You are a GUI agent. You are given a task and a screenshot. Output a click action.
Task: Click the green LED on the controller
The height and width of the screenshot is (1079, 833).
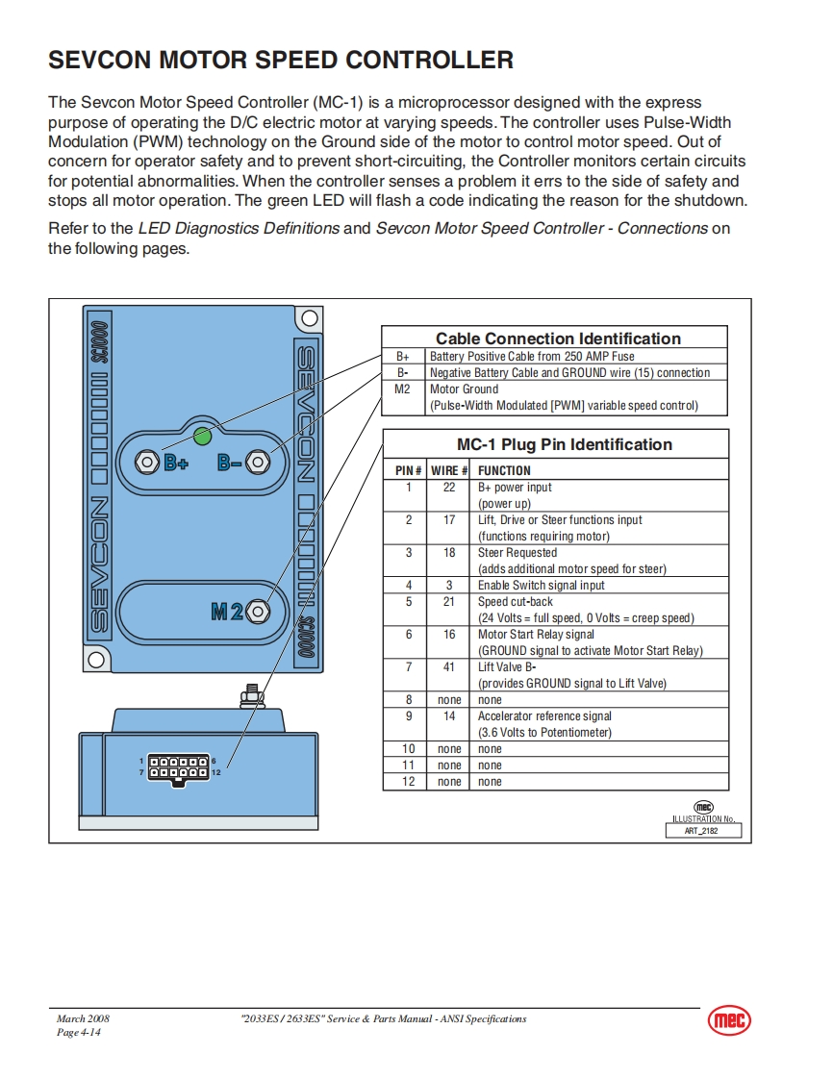202,438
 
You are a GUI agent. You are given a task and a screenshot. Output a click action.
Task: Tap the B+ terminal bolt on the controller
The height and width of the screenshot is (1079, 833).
147,462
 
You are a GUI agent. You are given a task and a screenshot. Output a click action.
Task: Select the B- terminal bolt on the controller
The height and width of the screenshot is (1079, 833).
257,462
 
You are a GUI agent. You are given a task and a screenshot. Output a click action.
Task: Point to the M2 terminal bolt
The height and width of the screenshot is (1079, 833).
259,610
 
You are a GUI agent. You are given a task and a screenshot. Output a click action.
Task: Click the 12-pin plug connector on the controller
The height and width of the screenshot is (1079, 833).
179,766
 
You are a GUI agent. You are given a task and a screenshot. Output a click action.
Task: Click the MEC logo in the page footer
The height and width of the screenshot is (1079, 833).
729,1021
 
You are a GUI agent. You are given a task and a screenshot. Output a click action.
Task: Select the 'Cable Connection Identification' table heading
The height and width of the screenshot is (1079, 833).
558,339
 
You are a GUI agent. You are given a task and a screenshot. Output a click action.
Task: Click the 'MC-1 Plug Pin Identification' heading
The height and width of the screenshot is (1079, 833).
564,444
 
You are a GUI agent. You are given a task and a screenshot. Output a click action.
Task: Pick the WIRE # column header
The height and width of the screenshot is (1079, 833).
449,471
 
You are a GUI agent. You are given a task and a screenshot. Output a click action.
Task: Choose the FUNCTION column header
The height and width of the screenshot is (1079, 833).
504,471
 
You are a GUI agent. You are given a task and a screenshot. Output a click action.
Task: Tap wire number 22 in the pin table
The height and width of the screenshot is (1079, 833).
449,488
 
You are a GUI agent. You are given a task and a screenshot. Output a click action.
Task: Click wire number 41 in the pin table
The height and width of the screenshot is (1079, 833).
449,667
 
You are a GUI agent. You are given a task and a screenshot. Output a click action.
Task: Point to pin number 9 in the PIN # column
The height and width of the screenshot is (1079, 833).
408,716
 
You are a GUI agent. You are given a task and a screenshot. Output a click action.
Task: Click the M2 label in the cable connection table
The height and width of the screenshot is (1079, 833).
403,389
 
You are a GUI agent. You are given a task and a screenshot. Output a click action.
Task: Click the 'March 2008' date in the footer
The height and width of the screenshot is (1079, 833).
77,1018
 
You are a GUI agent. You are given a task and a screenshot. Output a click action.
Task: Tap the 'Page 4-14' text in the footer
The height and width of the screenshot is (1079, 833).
78,1033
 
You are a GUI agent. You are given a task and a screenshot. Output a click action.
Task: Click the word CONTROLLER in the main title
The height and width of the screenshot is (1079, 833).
429,61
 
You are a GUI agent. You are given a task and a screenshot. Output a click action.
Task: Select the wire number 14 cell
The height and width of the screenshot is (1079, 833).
449,716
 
